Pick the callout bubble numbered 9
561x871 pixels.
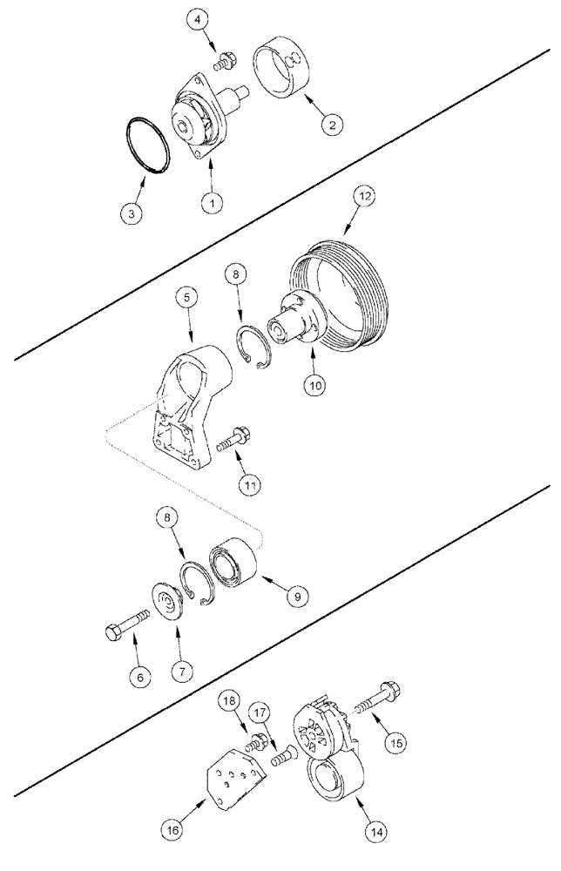(x=295, y=596)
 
